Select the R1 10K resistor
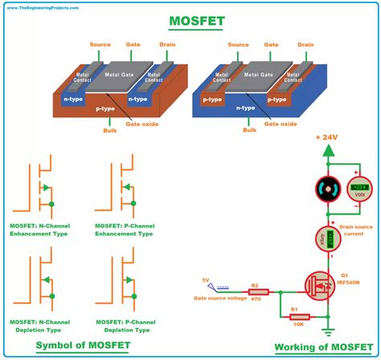coord(299,316)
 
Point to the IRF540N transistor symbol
coord(320,286)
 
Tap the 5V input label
coord(207,280)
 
